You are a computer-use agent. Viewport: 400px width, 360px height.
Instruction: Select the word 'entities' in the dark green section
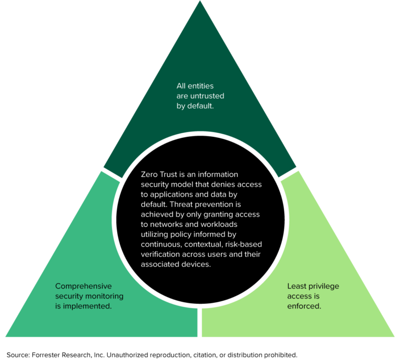(x=200, y=85)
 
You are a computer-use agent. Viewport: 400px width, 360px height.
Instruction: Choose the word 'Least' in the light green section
(x=297, y=286)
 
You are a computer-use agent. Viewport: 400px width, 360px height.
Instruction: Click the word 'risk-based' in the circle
(x=239, y=245)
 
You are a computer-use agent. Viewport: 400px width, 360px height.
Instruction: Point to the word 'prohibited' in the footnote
(x=280, y=354)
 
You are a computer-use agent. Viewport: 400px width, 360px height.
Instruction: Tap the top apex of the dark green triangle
(x=200, y=3)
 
